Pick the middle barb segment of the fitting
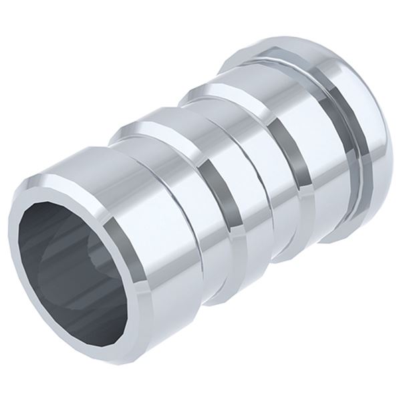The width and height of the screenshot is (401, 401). click(x=194, y=174)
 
